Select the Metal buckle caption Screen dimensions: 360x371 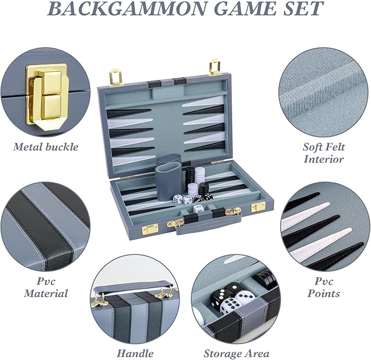(x=46, y=147)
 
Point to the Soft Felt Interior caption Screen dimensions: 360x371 (x=323, y=153)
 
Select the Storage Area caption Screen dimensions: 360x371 (x=236, y=353)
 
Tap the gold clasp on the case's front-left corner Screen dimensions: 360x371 (x=150, y=228)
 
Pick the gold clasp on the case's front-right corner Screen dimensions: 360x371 (x=257, y=206)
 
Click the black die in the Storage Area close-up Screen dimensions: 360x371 (x=234, y=289)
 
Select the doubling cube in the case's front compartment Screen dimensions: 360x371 (x=198, y=208)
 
